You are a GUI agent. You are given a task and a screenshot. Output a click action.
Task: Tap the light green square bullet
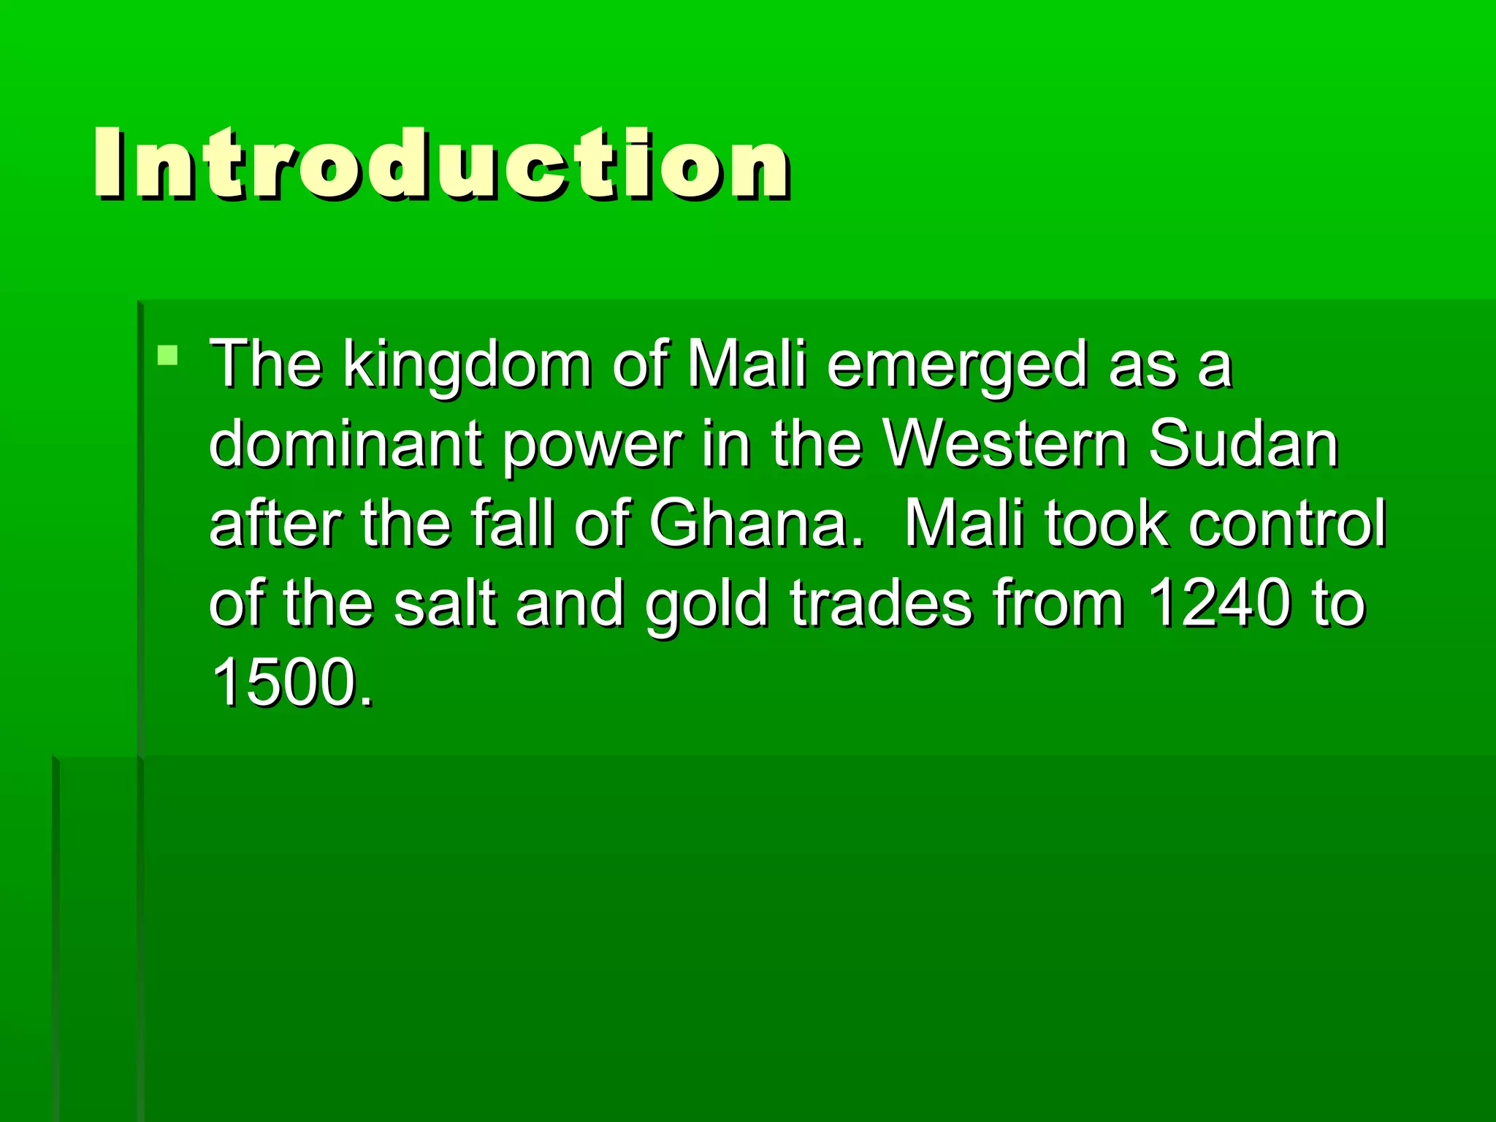[x=167, y=356]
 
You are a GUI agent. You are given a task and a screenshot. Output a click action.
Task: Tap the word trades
[x=881, y=603]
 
